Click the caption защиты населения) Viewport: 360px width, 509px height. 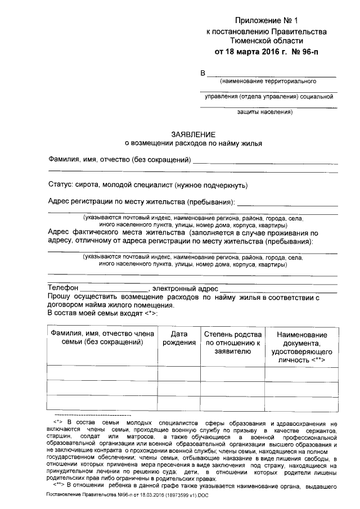click(x=268, y=111)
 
